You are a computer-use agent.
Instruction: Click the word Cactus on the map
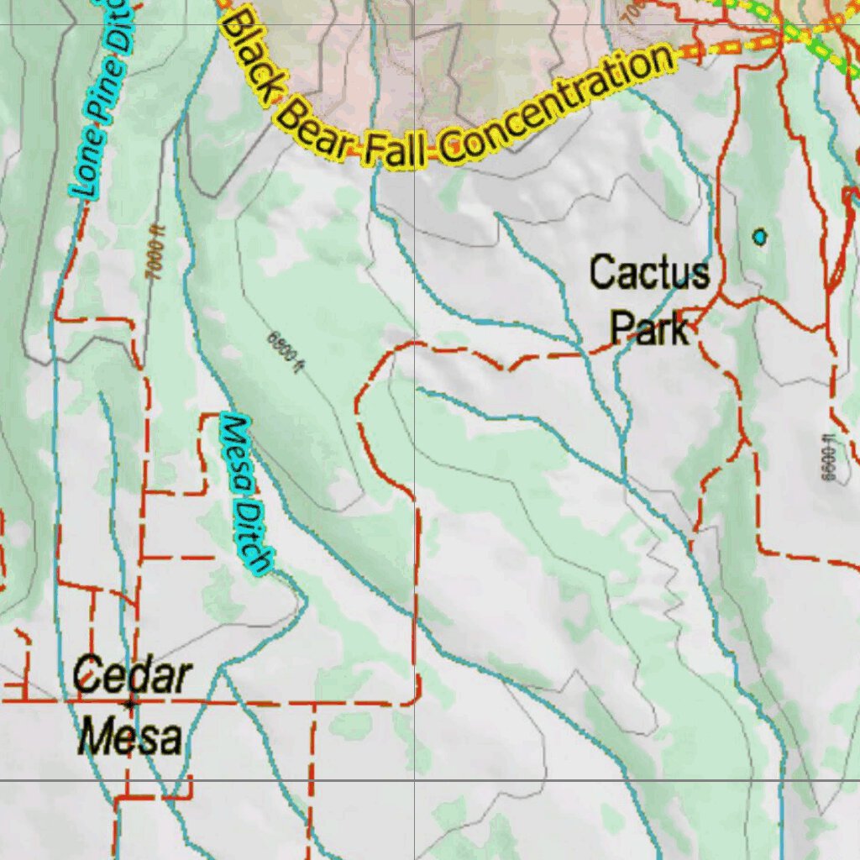coord(648,273)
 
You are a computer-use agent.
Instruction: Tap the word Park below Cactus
coord(649,328)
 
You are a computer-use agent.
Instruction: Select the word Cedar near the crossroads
coord(132,677)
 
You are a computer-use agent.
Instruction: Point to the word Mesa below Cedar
coord(130,737)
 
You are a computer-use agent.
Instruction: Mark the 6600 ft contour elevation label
coord(827,458)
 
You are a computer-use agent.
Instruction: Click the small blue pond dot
coord(760,237)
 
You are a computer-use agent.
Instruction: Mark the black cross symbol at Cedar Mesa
coord(129,703)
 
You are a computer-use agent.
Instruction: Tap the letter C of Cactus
coord(601,273)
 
